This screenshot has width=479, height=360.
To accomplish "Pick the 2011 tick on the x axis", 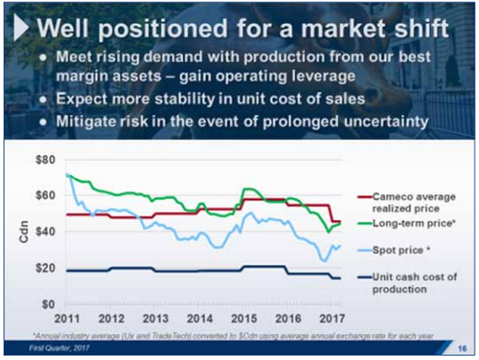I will point(68,318).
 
